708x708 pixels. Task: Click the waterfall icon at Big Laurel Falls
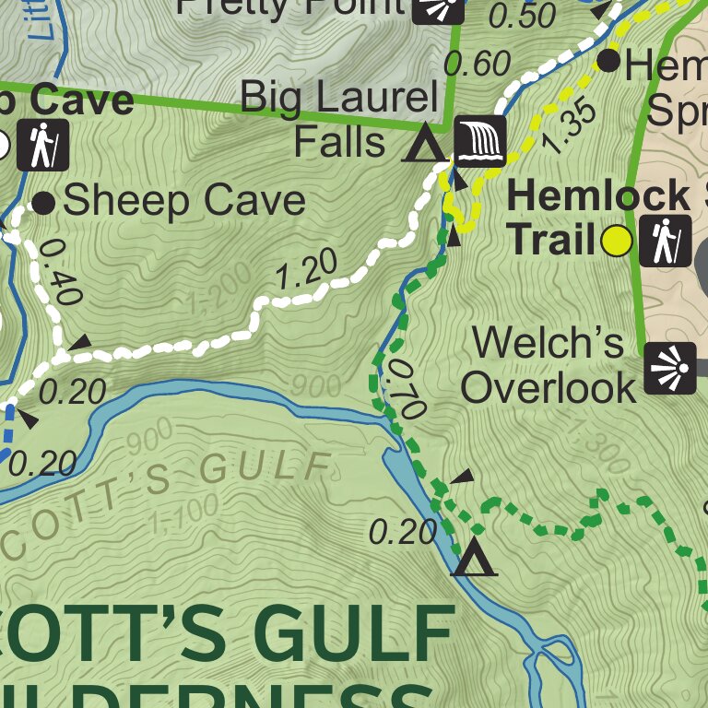[480, 140]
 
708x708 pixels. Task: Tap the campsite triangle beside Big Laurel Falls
[423, 144]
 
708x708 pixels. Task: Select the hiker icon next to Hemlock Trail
[665, 242]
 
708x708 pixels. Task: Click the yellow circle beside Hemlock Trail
[617, 242]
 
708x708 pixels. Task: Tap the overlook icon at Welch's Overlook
[670, 368]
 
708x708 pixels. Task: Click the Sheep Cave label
[184, 201]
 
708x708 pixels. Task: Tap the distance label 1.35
[564, 129]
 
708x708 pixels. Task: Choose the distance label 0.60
[477, 64]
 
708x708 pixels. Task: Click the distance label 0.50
[522, 16]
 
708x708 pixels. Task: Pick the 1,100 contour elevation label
[185, 513]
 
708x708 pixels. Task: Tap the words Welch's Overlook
[549, 366]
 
